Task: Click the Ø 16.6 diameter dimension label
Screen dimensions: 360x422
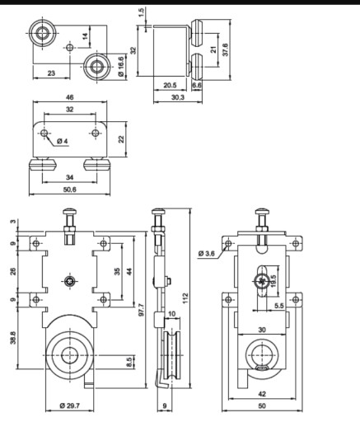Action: pyautogui.click(x=121, y=67)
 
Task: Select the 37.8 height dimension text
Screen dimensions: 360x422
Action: pyautogui.click(x=226, y=49)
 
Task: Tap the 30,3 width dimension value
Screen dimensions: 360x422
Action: pyautogui.click(x=178, y=97)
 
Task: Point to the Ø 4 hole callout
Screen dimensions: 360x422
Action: pyautogui.click(x=63, y=141)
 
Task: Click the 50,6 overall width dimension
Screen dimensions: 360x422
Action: pyautogui.click(x=70, y=190)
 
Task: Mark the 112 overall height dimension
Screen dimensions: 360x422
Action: pyautogui.click(x=186, y=298)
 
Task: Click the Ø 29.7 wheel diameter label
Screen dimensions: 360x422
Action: pyautogui.click(x=69, y=406)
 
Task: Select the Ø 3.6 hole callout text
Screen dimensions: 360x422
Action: pyautogui.click(x=207, y=253)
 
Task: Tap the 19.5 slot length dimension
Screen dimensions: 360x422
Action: pyautogui.click(x=273, y=281)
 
